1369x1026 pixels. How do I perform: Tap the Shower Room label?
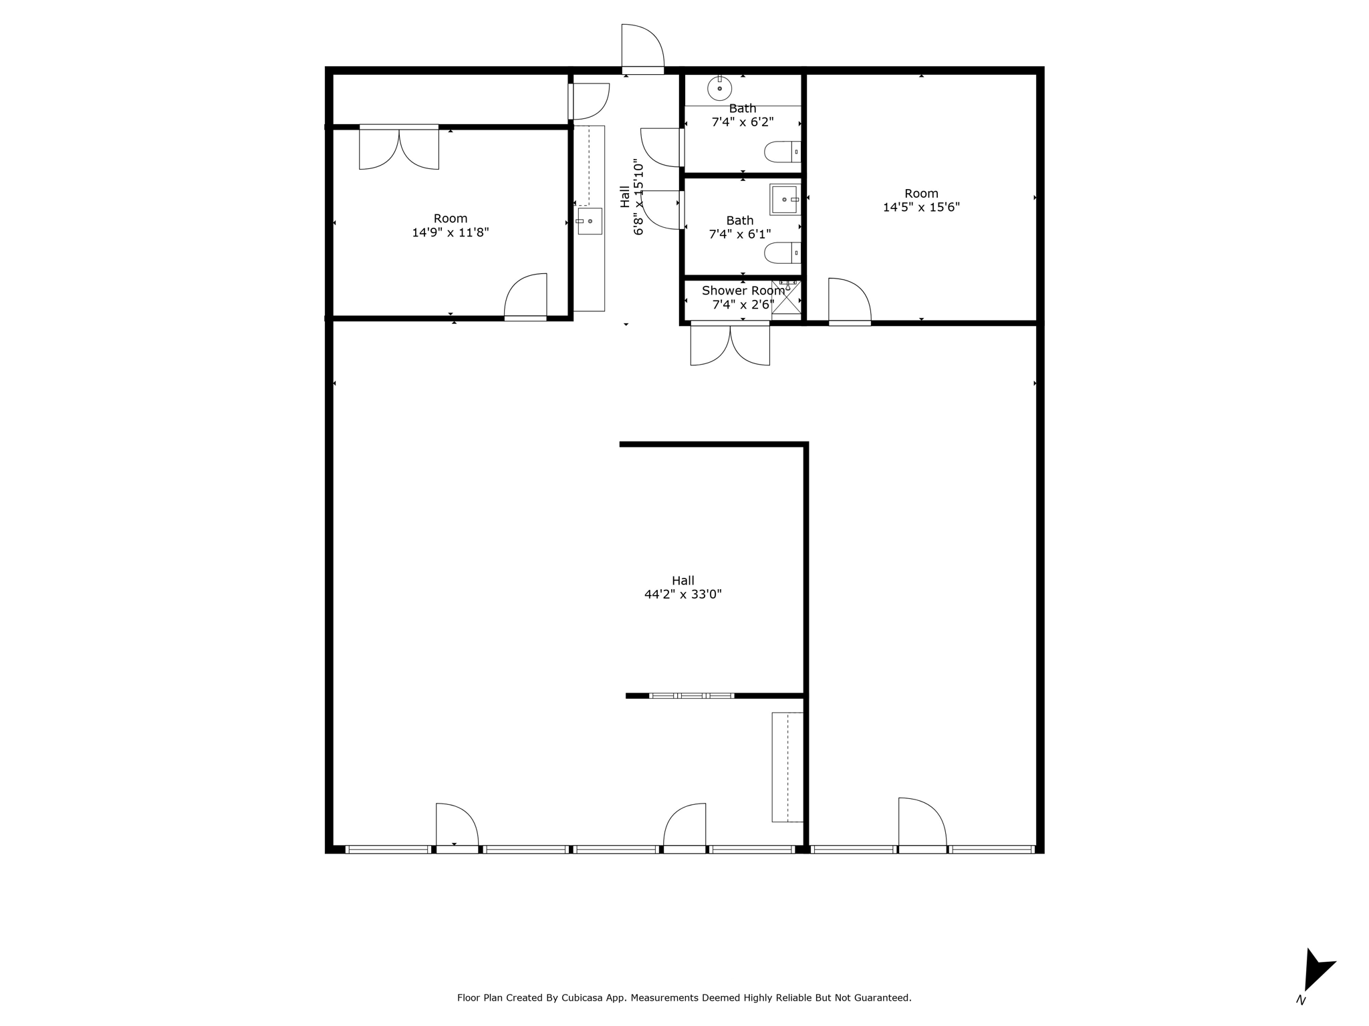coord(743,291)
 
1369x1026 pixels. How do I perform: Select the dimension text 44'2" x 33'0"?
coord(682,594)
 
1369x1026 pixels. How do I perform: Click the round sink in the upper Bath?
coord(719,88)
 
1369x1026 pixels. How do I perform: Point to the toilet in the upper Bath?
coord(782,152)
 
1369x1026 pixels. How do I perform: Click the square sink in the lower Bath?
coord(785,199)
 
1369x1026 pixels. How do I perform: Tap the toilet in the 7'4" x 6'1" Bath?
coord(782,252)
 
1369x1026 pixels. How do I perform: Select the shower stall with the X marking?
coord(786,297)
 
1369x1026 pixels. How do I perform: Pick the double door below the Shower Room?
coord(730,343)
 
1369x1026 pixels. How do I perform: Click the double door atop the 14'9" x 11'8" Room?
coord(399,147)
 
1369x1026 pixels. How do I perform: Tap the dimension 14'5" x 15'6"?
coord(921,207)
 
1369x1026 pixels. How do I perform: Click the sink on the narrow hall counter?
coord(590,220)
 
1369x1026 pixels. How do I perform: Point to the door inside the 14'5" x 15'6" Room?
coord(850,301)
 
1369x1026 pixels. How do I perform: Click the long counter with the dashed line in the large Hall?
coord(787,767)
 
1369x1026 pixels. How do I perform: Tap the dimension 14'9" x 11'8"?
coord(451,232)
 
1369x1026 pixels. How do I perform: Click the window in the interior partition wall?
coord(691,695)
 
